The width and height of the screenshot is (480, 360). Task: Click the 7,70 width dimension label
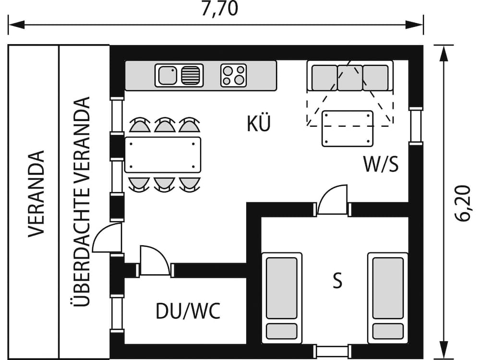pos(219,9)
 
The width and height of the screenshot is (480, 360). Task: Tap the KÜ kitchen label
pos(259,124)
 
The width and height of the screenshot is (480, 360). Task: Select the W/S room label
pos(381,164)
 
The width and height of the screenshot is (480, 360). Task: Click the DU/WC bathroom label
pos(188,312)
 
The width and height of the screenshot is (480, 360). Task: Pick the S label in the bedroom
pos(338,281)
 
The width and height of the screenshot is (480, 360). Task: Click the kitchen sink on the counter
pos(179,75)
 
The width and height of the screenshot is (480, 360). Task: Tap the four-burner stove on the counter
pos(234,75)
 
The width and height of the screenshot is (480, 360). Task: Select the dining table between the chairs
pos(163,155)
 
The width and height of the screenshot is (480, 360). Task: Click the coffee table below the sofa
pos(348,128)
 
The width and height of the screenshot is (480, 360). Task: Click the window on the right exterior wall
pos(416,126)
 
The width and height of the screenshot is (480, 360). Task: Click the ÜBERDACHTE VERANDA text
pos(83,202)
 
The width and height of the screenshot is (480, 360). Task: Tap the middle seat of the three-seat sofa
pos(350,78)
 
